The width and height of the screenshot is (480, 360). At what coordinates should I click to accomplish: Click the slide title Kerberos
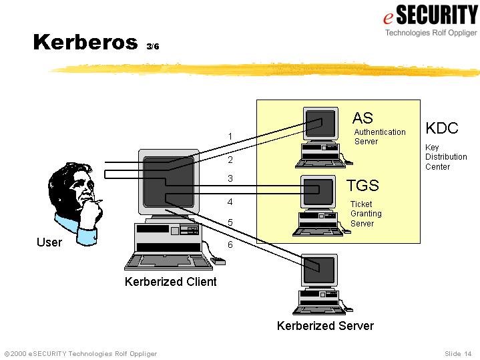pos(85,42)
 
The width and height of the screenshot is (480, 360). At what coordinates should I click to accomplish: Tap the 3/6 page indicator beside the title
pos(153,46)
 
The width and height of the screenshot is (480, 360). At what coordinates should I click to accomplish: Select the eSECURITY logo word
pos(430,14)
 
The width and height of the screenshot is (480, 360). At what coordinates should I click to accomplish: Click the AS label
pos(363,118)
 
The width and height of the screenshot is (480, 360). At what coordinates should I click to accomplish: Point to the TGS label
pos(363,186)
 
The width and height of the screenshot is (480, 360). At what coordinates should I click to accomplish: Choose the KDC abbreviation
pos(442,128)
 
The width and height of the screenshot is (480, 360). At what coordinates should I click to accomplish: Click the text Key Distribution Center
pos(446,157)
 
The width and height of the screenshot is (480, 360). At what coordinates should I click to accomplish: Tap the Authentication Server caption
pos(379,137)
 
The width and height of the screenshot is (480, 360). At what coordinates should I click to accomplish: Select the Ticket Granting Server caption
pos(366,214)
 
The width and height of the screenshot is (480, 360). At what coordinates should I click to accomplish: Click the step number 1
pos(230,137)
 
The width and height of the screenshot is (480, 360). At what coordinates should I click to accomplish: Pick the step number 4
pos(230,201)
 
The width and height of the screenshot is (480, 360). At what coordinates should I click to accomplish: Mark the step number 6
pos(230,245)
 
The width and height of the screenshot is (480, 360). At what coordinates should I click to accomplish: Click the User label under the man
pos(49,242)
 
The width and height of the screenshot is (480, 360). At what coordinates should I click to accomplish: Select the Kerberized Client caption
pos(170,282)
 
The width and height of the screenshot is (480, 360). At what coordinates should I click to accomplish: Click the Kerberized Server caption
pos(325,326)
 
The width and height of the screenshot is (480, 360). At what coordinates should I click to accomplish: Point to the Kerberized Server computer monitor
pos(319,270)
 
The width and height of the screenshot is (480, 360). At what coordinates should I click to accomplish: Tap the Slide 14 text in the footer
pos(458,353)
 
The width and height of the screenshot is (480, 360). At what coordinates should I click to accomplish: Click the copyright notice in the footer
pos(81,353)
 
